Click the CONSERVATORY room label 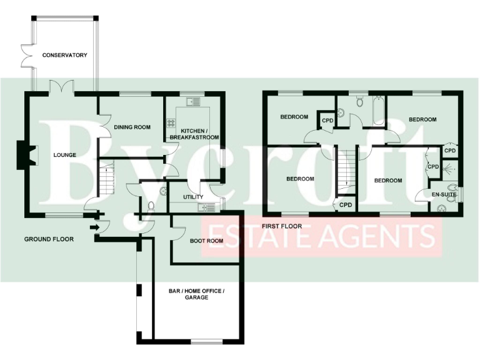(64, 56)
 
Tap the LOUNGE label (64, 155)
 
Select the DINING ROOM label (132, 127)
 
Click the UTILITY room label (193, 197)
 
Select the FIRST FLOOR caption (282, 226)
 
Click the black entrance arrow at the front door (93, 228)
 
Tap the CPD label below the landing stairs (346, 204)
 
